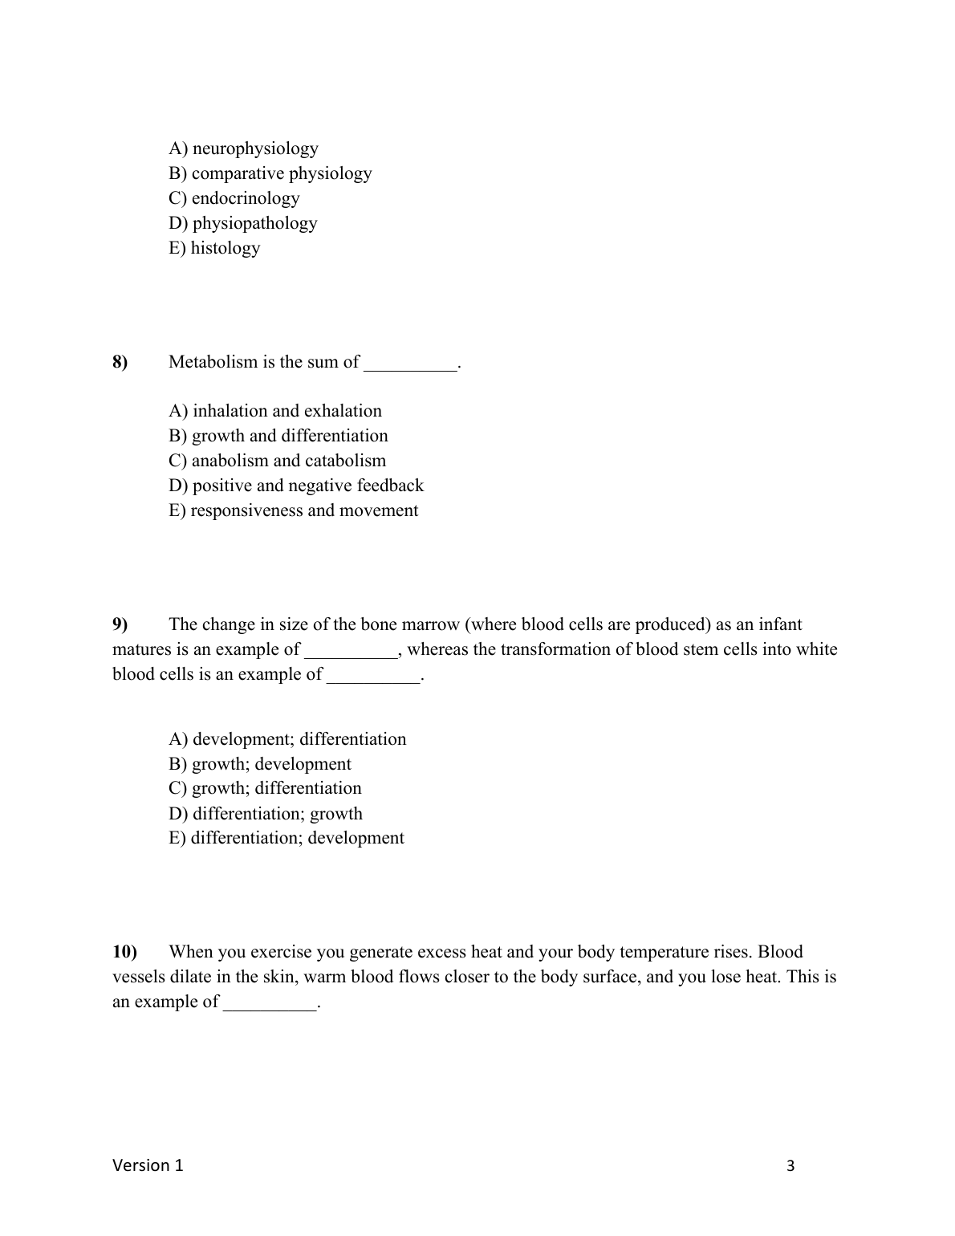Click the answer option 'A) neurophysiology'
(x=243, y=148)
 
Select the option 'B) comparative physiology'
(x=270, y=173)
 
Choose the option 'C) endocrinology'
(x=234, y=198)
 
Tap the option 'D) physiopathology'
(x=242, y=223)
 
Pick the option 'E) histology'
(x=214, y=248)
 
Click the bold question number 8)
(x=120, y=362)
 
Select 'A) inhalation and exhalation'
(x=275, y=411)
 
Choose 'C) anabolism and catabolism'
(x=277, y=461)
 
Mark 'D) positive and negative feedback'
(x=295, y=486)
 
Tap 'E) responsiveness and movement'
(x=293, y=510)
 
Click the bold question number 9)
(x=120, y=624)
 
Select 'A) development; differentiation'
(x=287, y=739)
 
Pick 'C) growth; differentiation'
(x=265, y=788)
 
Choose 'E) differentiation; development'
(x=286, y=838)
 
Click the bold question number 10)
(x=125, y=952)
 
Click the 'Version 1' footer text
(x=148, y=1165)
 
